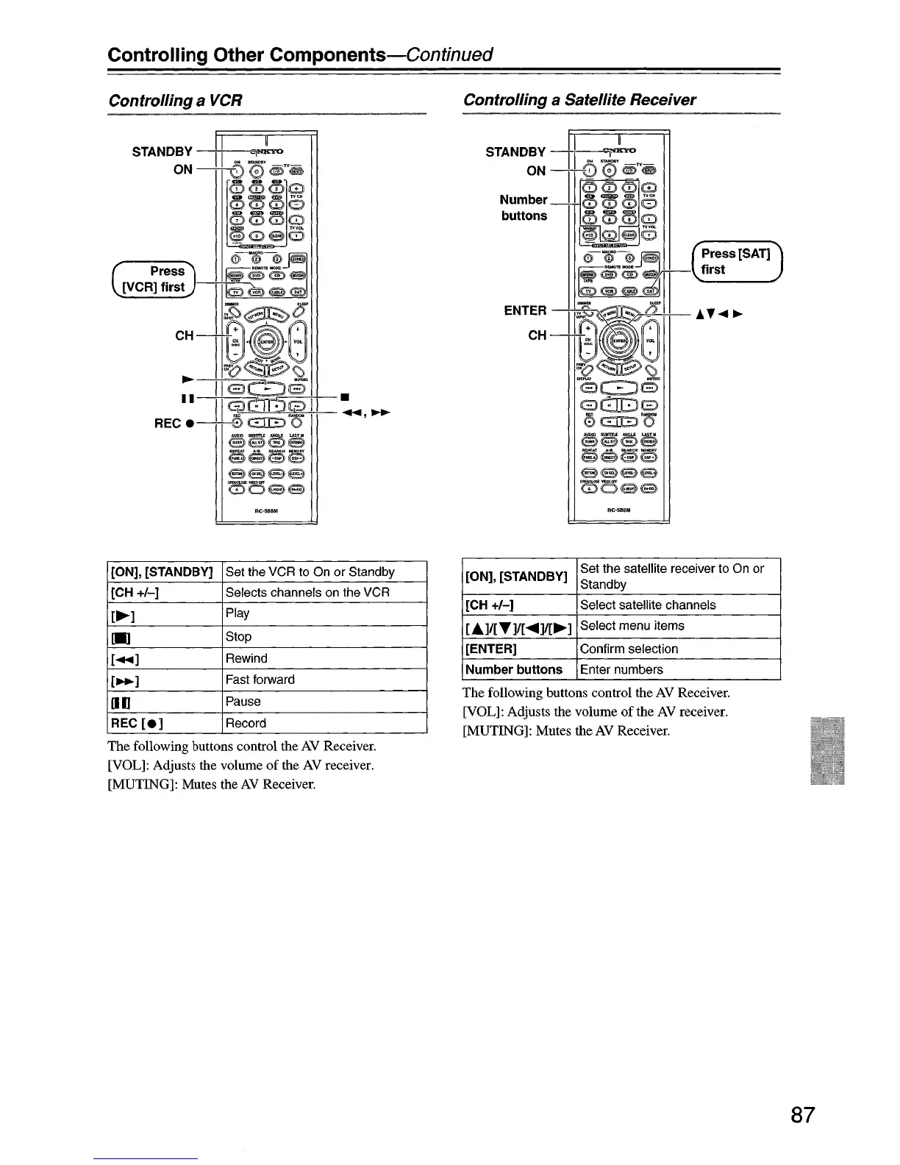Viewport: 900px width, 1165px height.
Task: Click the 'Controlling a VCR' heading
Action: [x=175, y=100]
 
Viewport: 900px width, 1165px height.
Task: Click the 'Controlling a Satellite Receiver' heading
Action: [x=579, y=100]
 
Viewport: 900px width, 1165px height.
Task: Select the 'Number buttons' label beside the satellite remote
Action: [x=524, y=207]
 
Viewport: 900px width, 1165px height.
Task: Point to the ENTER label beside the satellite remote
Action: [x=525, y=310]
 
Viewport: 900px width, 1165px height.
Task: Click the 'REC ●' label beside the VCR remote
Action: [x=174, y=424]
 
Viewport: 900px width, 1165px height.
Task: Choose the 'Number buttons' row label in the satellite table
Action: [x=514, y=669]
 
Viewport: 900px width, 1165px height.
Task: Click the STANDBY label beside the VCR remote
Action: [x=162, y=152]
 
